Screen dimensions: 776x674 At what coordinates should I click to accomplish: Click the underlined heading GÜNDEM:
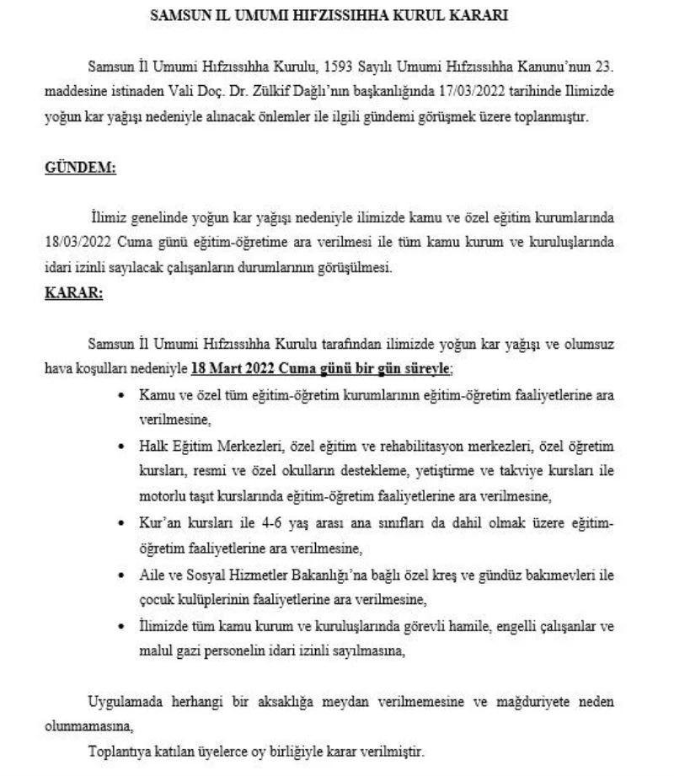[79, 168]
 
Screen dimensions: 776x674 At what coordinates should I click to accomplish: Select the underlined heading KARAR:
[73, 297]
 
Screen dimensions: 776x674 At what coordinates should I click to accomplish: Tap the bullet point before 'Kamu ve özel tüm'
[125, 394]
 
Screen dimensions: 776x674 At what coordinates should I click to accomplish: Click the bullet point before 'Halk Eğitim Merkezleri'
[125, 446]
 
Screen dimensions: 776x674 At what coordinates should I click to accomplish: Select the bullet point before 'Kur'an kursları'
[125, 523]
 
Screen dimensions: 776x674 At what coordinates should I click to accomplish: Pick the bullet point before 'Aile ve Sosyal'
[125, 575]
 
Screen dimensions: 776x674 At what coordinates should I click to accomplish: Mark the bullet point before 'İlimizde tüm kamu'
[125, 627]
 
